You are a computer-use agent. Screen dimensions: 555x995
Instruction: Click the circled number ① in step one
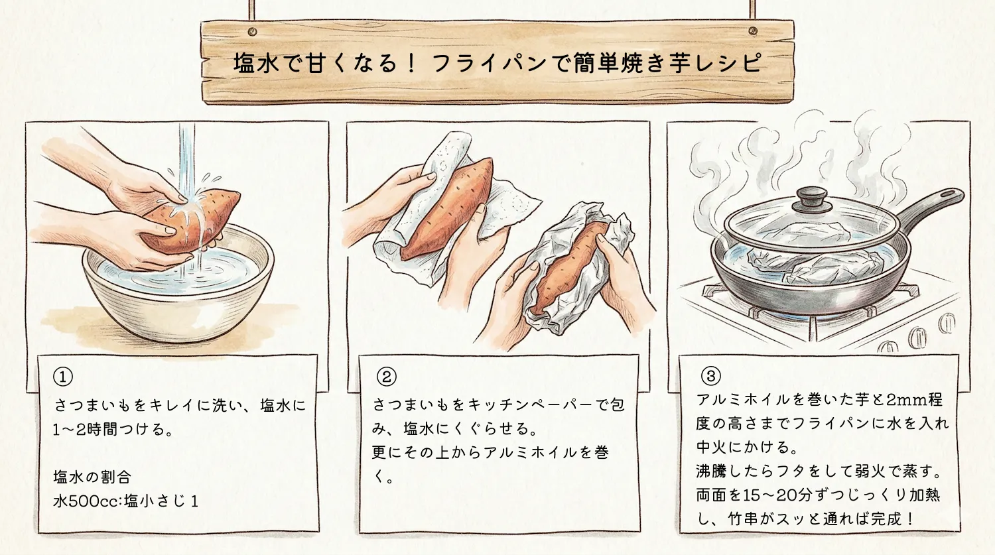[63, 377]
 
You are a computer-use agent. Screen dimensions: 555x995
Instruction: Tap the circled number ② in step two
[386, 377]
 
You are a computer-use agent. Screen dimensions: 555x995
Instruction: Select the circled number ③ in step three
[710, 377]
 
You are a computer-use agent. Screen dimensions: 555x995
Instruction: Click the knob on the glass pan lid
[810, 197]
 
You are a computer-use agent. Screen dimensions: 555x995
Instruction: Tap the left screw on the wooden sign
[252, 32]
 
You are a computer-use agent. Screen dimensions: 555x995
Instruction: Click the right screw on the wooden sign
[752, 31]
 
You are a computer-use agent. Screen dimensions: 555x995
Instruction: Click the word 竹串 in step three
[743, 519]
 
